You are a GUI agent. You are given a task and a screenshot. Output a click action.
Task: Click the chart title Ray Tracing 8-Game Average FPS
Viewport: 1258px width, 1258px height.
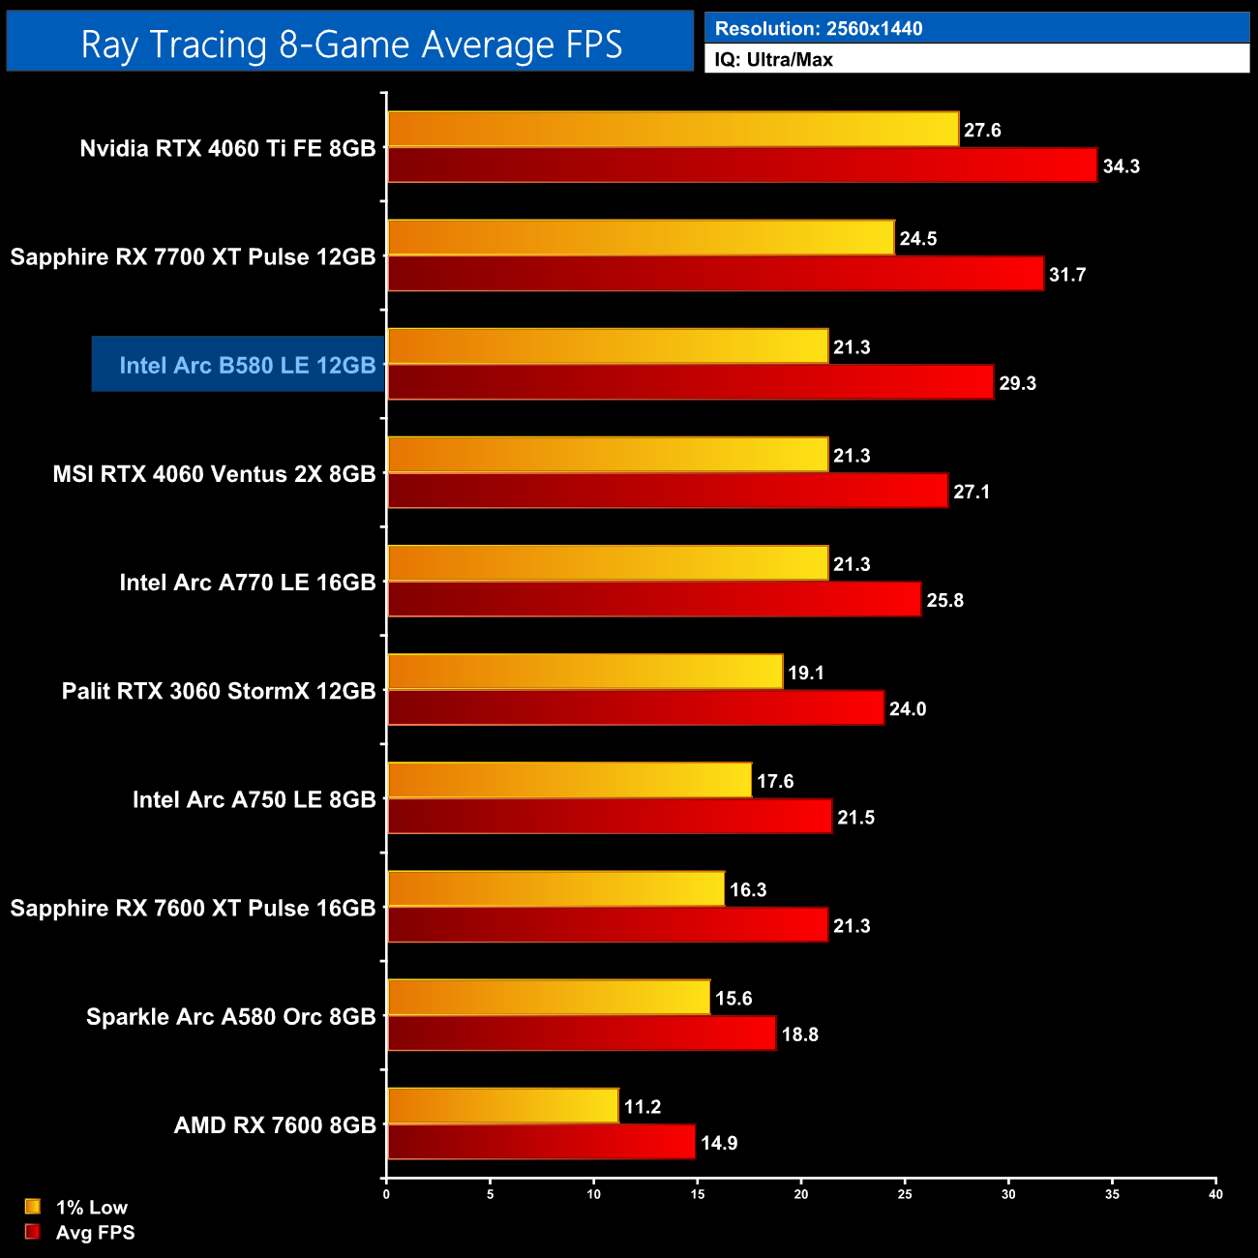(350, 45)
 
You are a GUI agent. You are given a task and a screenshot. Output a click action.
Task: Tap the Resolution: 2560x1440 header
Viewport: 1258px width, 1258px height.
(819, 29)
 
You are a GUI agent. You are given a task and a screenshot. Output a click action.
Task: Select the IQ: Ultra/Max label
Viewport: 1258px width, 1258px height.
(773, 60)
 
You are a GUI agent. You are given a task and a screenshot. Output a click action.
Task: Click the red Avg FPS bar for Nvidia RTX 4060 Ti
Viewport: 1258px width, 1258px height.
(742, 165)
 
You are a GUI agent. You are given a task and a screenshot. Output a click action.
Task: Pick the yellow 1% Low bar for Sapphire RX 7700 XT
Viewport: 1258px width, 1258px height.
(641, 238)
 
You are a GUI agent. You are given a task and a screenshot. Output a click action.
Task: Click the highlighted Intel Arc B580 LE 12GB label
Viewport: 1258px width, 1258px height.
(247, 365)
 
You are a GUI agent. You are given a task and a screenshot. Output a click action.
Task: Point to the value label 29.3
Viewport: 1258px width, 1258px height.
(1017, 383)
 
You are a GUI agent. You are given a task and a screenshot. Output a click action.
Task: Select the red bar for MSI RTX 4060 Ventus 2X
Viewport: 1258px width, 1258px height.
(668, 491)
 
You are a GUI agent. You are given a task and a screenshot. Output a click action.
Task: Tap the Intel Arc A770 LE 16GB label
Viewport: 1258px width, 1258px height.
(247, 583)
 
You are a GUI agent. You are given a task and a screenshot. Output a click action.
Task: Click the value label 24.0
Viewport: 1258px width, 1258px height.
(908, 709)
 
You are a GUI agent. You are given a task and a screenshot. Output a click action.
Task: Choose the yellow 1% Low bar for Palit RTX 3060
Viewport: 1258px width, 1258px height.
(584, 672)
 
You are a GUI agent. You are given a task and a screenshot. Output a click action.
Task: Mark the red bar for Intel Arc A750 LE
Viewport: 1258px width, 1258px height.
(610, 817)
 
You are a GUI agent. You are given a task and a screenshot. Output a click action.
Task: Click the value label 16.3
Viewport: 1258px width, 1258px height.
(748, 890)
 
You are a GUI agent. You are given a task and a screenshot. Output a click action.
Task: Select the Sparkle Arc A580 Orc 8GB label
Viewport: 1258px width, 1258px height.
(230, 1017)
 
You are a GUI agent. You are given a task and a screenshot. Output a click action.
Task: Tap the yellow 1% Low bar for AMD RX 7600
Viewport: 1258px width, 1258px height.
(502, 1106)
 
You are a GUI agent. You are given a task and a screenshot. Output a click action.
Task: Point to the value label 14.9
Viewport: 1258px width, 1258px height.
(719, 1144)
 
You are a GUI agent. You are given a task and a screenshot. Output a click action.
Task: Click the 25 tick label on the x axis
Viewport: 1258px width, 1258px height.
(905, 1195)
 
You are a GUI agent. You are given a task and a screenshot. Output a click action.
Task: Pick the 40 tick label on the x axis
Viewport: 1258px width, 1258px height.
(1215, 1195)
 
